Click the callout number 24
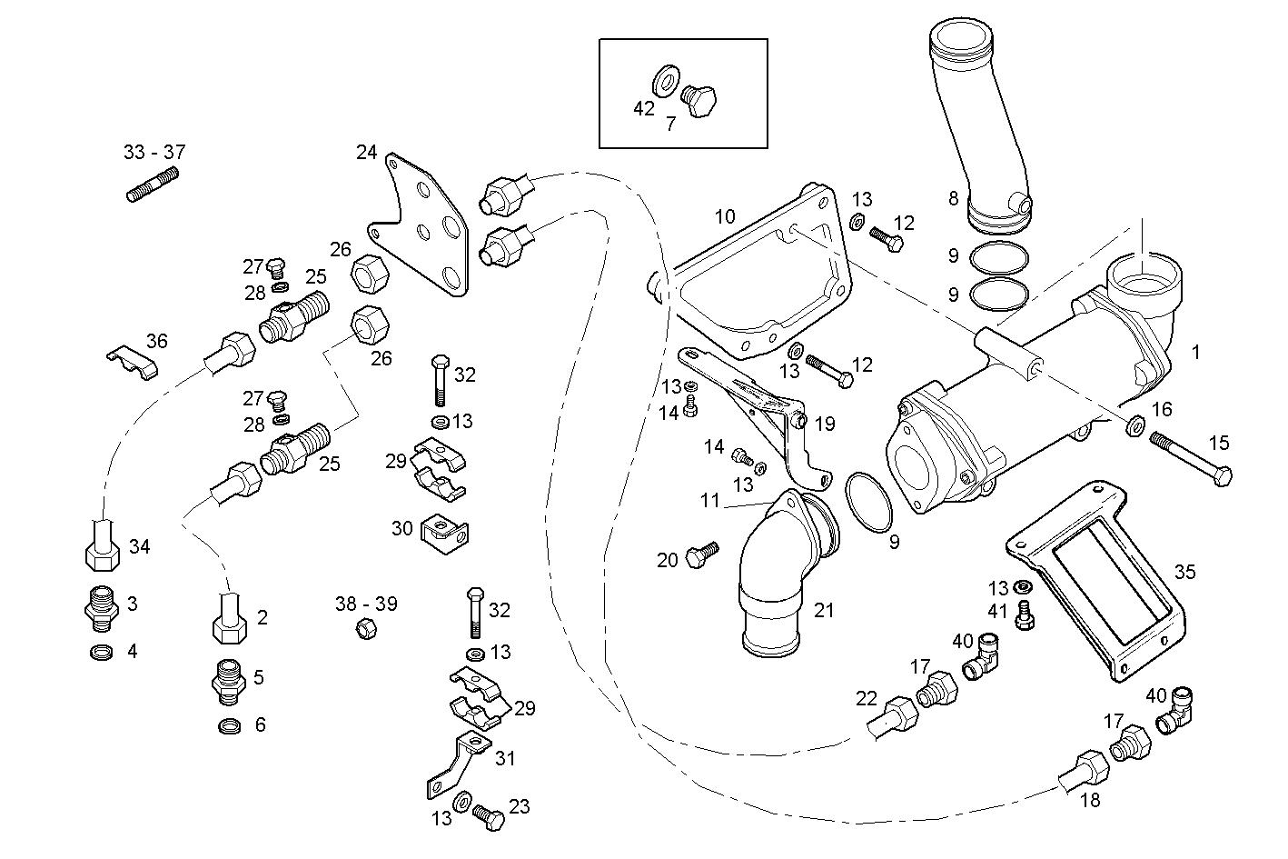coord(366,152)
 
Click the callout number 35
coord(1184,572)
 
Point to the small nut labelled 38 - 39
coord(365,627)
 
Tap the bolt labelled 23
coord(489,817)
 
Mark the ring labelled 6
coord(231,725)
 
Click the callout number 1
coord(1195,352)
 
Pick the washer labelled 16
coord(1134,426)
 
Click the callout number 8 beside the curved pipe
coord(953,197)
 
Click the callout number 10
coord(724,216)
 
